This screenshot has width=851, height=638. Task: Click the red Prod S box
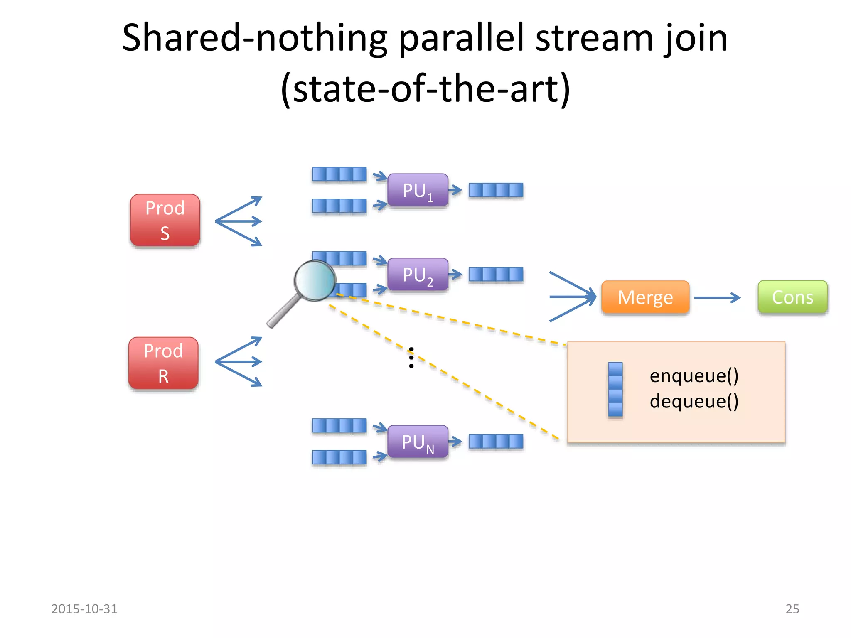165,220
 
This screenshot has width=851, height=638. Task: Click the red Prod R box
163,363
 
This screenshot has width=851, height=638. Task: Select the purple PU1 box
418,190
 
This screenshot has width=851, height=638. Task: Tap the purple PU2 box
418,275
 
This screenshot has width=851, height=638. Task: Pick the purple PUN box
418,442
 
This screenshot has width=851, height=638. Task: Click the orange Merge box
645,297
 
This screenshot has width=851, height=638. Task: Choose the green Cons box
792,297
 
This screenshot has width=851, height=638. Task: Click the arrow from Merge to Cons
717,297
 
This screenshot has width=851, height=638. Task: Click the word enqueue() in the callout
694,375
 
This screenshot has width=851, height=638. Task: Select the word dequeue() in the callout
694,401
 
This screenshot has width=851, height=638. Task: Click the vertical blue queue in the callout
615,389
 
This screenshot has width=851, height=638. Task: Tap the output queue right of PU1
496,190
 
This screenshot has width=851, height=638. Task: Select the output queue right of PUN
496,441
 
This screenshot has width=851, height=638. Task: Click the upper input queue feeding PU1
339,174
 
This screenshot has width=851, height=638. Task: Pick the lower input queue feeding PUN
339,457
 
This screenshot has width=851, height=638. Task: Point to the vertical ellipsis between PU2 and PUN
411,358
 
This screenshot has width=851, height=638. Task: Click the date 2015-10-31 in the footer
84,609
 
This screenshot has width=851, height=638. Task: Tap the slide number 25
792,609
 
